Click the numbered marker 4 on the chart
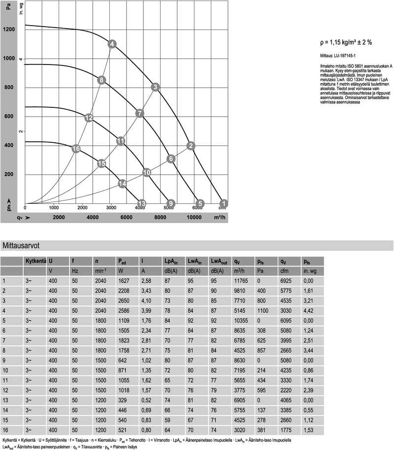pos(112,45)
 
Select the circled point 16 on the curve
pos(76,149)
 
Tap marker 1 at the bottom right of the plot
pos(224,203)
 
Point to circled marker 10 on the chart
pos(146,172)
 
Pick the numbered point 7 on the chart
pos(140,113)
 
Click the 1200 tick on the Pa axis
pos(8,30)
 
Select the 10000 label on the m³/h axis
pos(195,217)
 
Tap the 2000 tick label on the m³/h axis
pos(59,217)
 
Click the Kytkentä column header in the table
pos(35,261)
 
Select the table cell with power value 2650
pos(124,300)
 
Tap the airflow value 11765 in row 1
pos(241,281)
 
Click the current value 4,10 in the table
pos(146,300)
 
